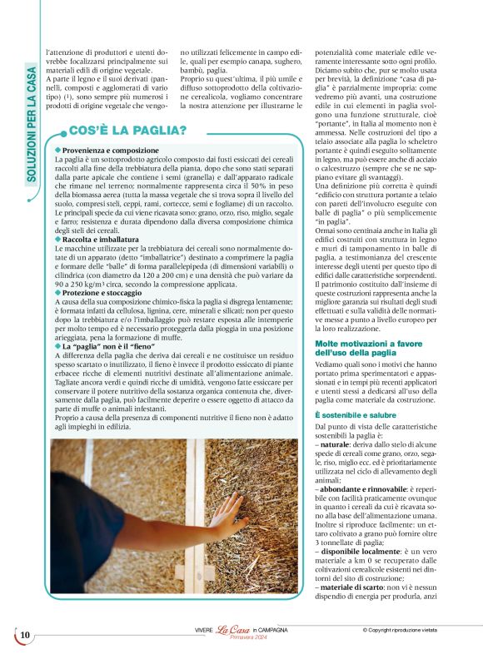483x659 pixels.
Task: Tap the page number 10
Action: pos(25,636)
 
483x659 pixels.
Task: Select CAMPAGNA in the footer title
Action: pos(275,631)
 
